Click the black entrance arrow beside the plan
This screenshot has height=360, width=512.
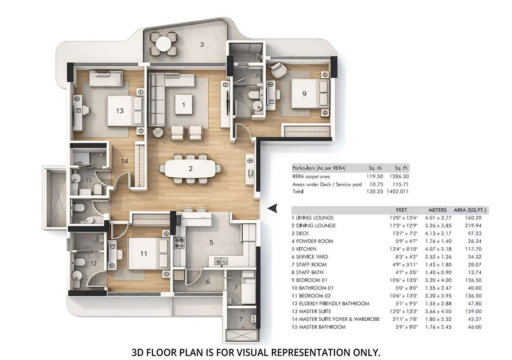(x=272, y=209)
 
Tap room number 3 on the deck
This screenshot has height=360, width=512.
(x=202, y=44)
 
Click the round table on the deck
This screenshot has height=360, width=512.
(x=163, y=44)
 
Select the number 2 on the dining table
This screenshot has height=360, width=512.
(x=190, y=169)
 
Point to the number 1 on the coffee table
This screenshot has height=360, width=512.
(x=183, y=104)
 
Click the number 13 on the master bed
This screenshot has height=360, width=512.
(x=120, y=111)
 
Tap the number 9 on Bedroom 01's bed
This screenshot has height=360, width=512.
(x=304, y=94)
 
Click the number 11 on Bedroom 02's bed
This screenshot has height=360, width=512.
(x=144, y=254)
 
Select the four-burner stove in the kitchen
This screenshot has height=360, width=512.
(x=179, y=243)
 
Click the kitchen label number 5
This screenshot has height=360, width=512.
(x=211, y=242)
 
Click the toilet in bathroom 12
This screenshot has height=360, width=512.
(x=79, y=262)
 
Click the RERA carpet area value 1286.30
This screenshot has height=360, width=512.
(x=399, y=176)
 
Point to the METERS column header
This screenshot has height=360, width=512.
(x=437, y=210)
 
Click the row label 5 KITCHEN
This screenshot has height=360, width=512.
(x=304, y=249)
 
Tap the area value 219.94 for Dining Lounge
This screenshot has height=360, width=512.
(x=473, y=226)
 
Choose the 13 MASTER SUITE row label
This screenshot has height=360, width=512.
(x=311, y=311)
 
